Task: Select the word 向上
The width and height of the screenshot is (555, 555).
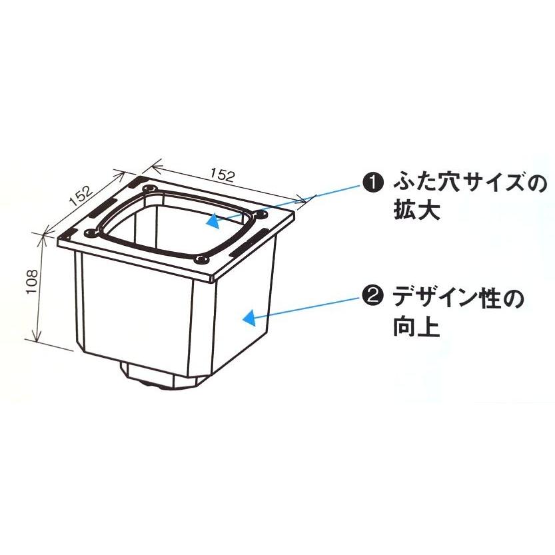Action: [414, 327]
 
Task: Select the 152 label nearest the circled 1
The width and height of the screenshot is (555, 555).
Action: [222, 175]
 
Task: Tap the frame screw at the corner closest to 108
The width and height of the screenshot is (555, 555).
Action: [89, 233]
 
